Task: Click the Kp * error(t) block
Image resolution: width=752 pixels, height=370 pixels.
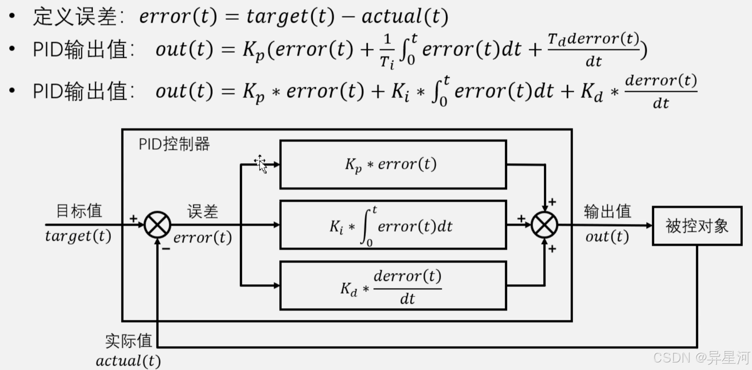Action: click(x=393, y=164)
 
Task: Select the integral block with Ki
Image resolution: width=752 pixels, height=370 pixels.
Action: click(x=393, y=225)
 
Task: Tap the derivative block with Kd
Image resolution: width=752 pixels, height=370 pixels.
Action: click(x=393, y=286)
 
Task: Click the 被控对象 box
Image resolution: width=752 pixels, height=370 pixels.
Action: click(x=697, y=226)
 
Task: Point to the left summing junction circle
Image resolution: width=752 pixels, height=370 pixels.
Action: click(x=157, y=225)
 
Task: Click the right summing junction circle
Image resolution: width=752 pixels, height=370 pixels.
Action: click(x=544, y=225)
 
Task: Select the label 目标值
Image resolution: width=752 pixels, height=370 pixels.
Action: click(x=79, y=211)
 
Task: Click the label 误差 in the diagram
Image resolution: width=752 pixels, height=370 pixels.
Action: click(x=202, y=212)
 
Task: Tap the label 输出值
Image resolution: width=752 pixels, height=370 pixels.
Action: click(x=607, y=212)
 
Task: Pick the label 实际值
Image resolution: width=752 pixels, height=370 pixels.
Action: click(x=128, y=341)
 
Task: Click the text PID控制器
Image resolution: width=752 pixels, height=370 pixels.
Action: click(x=174, y=144)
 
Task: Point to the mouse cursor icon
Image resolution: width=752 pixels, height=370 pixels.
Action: click(x=261, y=164)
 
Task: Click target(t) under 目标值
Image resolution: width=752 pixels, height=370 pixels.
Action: click(x=78, y=236)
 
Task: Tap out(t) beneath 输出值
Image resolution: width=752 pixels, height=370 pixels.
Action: click(x=607, y=237)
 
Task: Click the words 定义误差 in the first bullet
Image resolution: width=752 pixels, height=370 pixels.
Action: click(x=75, y=17)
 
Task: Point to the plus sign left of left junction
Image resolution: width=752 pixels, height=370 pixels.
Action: click(x=133, y=218)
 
